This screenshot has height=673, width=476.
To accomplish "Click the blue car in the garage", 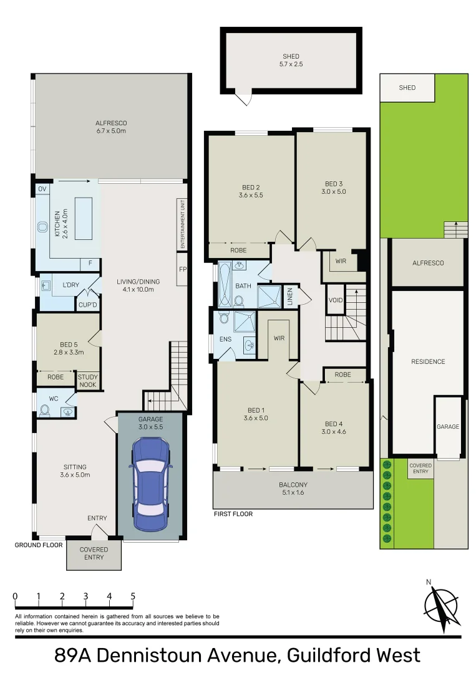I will [x=150, y=477].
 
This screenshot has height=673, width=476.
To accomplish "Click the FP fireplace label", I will [x=182, y=270].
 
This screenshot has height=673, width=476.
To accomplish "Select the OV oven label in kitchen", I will [x=42, y=189].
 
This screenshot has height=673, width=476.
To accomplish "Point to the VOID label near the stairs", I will [x=336, y=300].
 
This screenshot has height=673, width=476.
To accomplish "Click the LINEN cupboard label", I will [x=290, y=297].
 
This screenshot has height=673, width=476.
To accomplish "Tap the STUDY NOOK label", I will [x=86, y=380].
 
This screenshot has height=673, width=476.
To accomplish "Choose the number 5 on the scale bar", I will [x=133, y=596].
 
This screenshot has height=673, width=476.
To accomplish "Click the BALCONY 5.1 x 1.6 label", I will [x=293, y=488].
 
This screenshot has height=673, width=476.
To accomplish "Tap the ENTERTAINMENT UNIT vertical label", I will [x=183, y=225].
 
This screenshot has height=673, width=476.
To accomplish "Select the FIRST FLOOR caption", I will [x=233, y=514].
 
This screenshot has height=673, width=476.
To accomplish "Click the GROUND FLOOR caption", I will [x=39, y=544].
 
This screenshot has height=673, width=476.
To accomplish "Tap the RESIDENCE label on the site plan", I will [x=428, y=361].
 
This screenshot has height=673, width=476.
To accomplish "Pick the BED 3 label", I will [x=334, y=188].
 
